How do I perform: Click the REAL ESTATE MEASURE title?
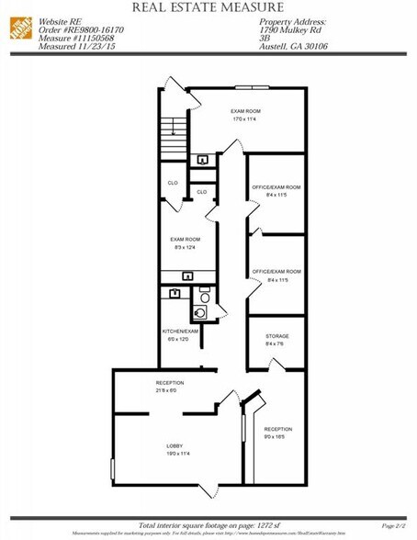tap(208, 7)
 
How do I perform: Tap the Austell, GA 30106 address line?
tap(295, 46)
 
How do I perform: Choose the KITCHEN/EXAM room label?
tap(181, 334)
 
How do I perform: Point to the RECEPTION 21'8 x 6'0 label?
tap(170, 387)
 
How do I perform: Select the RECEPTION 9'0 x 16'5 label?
tap(277, 433)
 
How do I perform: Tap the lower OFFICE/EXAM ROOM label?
tap(276, 276)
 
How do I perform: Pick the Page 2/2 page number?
tap(392, 524)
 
